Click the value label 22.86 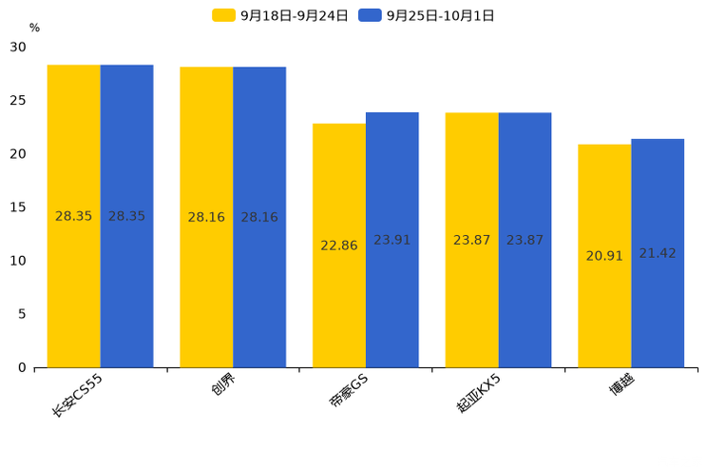(x=339, y=246)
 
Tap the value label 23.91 (x=392, y=240)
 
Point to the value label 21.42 (x=658, y=253)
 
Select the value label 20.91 (x=604, y=256)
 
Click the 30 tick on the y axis (x=18, y=47)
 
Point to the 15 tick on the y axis (x=18, y=207)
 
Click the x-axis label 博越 (x=622, y=384)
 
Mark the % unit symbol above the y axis (x=34, y=28)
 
